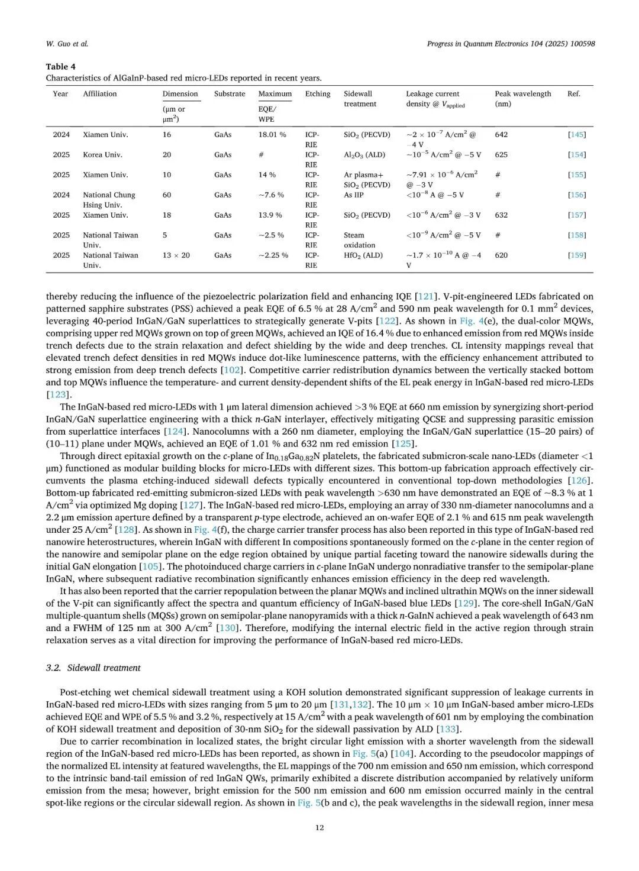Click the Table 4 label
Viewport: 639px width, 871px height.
[60, 66]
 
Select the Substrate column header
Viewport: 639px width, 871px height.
[230, 93]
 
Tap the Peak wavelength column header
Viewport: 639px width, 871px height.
[522, 93]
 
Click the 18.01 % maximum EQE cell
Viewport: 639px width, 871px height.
[272, 134]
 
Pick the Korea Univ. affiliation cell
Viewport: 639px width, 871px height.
[102, 154]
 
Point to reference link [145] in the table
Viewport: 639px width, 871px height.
[576, 134]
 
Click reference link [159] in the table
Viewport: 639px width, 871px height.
[576, 255]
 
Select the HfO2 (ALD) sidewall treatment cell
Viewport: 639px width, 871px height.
[363, 255]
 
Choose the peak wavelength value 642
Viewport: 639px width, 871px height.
[501, 134]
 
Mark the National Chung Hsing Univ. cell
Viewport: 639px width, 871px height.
[109, 199]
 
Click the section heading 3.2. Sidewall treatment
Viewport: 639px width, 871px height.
[93, 668]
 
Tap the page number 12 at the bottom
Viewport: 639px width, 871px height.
[319, 827]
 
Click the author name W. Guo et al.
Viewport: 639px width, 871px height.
[67, 44]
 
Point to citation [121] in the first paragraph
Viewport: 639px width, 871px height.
[426, 296]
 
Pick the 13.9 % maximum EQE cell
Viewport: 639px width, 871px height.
[270, 215]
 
